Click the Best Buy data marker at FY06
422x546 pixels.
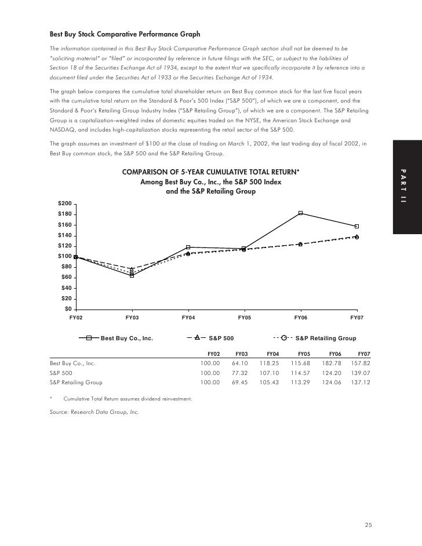tap(300, 213)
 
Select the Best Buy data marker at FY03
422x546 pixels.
tap(132, 275)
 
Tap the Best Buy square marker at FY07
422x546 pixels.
tap(356, 226)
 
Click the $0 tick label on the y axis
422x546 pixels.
tap(68, 309)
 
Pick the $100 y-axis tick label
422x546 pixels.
tap(64, 256)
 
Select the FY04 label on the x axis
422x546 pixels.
tap(188, 318)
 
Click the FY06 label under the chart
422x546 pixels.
tap(300, 318)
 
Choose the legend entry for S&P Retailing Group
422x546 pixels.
tap(315, 338)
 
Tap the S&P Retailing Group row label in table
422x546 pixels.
tap(76, 383)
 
